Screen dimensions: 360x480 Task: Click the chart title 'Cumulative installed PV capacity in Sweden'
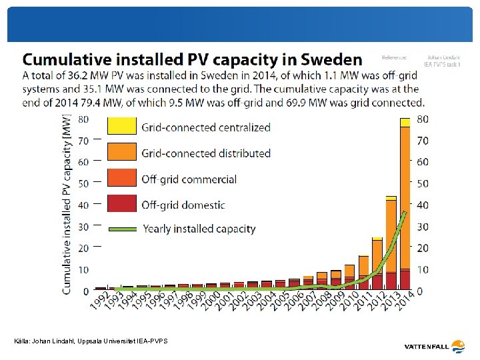point(193,59)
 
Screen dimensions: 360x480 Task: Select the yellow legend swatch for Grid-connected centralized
point(121,127)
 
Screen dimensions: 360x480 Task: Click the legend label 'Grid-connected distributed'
point(206,153)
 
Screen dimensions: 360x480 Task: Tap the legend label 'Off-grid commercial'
point(189,179)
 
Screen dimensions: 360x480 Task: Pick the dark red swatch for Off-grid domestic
point(121,204)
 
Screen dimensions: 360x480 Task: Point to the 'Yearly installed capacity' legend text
point(199,229)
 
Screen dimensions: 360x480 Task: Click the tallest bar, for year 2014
point(405,207)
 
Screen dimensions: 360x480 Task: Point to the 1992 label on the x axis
point(99,303)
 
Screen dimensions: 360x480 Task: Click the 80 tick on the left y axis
point(84,119)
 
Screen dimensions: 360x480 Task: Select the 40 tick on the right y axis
point(423,205)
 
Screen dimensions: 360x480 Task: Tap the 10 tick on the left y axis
point(84,269)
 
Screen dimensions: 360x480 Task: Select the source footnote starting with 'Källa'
point(91,341)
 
